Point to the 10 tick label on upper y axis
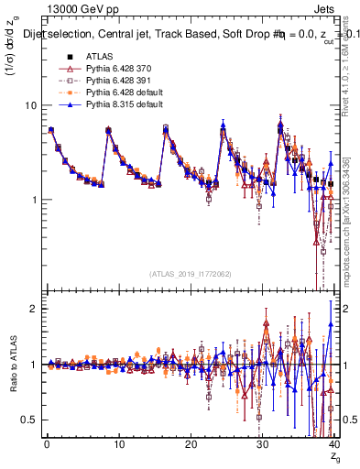pyautogui.click(x=29, y=105)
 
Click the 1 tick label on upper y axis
pyautogui.click(x=32, y=200)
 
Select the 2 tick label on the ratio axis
pyautogui.click(x=32, y=309)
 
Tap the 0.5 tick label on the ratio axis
pyautogui.click(x=28, y=420)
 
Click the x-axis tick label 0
pyautogui.click(x=47, y=444)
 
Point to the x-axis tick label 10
pyautogui.click(x=119, y=444)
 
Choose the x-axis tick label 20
pyautogui.click(x=191, y=444)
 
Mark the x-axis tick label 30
pyautogui.click(x=263, y=444)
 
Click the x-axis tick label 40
pyautogui.click(x=334, y=444)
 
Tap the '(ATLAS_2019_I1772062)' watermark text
pyautogui.click(x=191, y=274)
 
